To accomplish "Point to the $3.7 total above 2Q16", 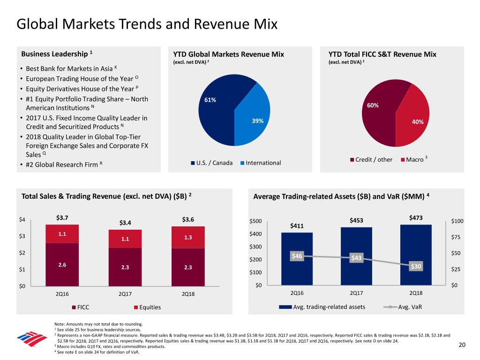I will [x=62, y=217].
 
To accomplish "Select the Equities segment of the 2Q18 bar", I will [x=188, y=237].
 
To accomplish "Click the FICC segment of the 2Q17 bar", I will [x=125, y=267].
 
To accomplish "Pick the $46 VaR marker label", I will [x=297, y=256].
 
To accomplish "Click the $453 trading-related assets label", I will [x=356, y=221].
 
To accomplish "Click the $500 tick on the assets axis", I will [x=255, y=221].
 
